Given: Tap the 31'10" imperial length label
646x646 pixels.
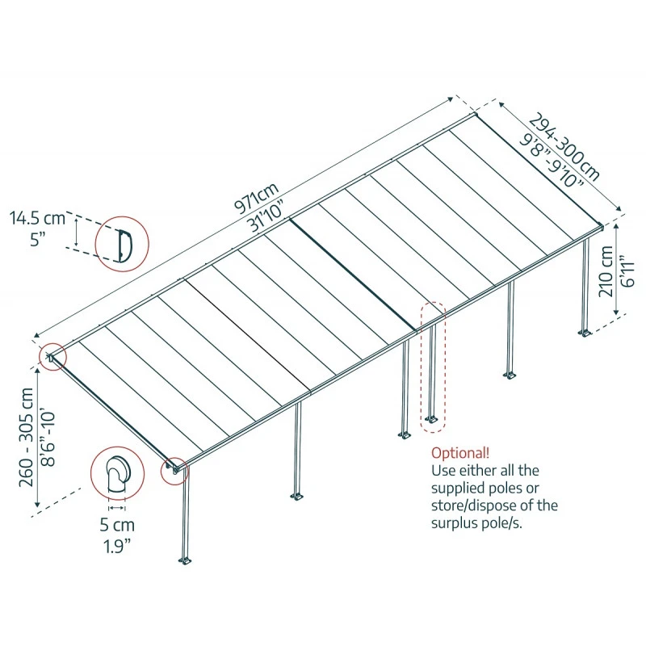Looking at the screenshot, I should pos(266,216).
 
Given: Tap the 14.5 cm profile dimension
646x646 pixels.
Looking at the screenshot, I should pos(37,218).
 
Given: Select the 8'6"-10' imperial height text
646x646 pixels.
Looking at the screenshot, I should pos(48,440).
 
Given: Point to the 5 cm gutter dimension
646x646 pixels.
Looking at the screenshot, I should pos(117,525).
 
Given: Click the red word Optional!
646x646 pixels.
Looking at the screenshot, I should pos(459,452).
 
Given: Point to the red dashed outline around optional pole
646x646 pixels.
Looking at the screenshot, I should pos(433,363).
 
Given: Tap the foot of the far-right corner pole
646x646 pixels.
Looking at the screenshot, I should pos(583,332).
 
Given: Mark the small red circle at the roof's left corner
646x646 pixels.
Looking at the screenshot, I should pos(52,356).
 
